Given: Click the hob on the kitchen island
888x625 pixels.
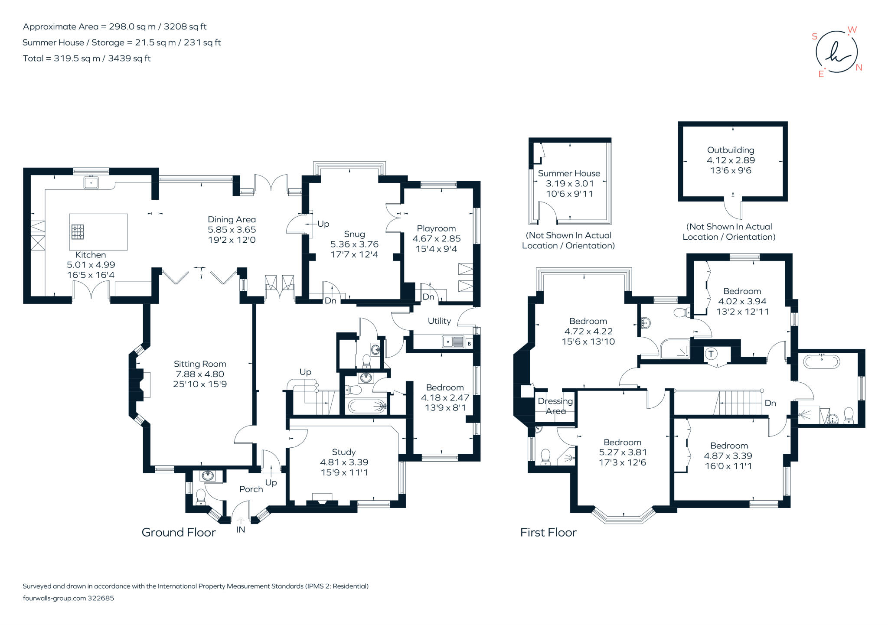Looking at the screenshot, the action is coord(78,232).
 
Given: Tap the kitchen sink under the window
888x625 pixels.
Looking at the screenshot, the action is coord(91,182).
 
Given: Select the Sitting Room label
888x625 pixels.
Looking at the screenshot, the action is coord(200,364).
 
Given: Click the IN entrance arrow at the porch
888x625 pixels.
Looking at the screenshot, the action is coord(241,520).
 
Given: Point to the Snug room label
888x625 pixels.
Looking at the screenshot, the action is coord(354,234).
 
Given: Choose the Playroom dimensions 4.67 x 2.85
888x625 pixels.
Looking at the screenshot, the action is coord(437,238).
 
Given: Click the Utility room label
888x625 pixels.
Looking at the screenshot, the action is coord(439,321).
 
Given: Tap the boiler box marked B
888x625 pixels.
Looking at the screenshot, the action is coord(469,344).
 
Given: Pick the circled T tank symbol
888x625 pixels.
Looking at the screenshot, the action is coord(711,354).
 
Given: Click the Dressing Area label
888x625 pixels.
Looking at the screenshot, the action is coord(555,406).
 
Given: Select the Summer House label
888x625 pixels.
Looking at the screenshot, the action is coord(569,173).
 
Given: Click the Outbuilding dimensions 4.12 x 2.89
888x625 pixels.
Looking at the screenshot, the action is coord(731,160).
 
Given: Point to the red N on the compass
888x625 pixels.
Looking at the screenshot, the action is coord(859,68).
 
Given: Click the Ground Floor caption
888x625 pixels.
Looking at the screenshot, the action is coord(179,532).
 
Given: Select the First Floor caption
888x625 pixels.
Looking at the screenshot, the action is coord(548,532).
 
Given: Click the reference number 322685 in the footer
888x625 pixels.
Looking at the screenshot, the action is coord(101,598).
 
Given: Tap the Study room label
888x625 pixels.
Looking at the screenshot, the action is coord(344,452).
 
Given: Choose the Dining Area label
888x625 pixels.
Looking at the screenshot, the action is coord(232,220).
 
